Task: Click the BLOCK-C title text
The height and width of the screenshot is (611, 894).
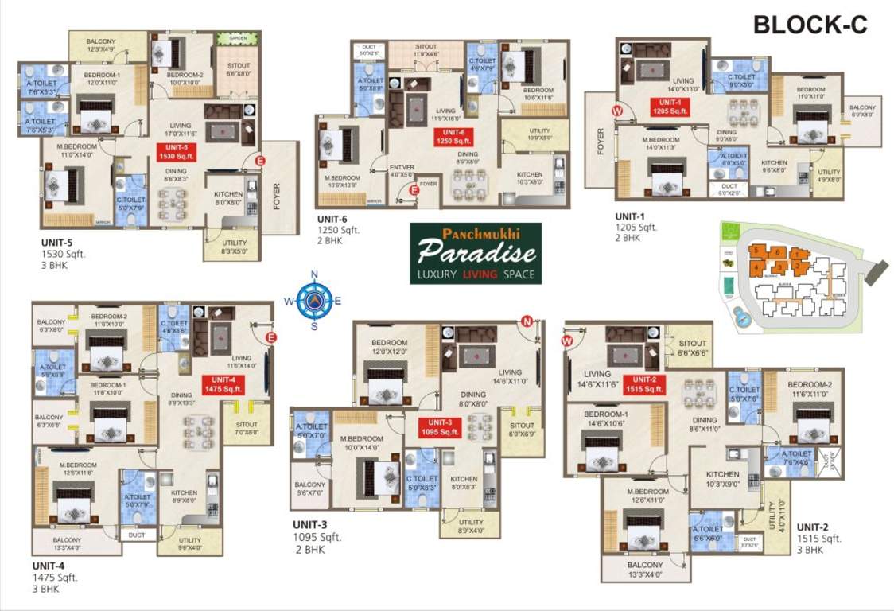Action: tap(810, 25)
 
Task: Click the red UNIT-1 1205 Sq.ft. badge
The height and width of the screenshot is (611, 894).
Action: tap(665, 107)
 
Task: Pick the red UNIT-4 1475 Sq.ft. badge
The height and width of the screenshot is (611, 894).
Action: tap(222, 384)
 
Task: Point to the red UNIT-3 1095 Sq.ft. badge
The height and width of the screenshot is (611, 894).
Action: tap(440, 426)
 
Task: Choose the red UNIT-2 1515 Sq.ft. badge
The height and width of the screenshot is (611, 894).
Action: tap(643, 384)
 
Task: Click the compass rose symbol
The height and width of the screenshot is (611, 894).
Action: tap(314, 301)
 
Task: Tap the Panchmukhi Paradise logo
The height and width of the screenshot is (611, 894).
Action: tap(476, 253)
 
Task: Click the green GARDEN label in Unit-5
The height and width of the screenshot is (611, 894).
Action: tap(239, 38)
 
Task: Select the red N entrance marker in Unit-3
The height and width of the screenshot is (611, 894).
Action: tap(527, 321)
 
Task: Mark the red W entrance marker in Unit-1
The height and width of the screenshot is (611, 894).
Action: tap(616, 111)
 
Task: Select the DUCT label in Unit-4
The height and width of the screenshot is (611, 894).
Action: tap(137, 535)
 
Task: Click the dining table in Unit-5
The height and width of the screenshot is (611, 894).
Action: tap(173, 204)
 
